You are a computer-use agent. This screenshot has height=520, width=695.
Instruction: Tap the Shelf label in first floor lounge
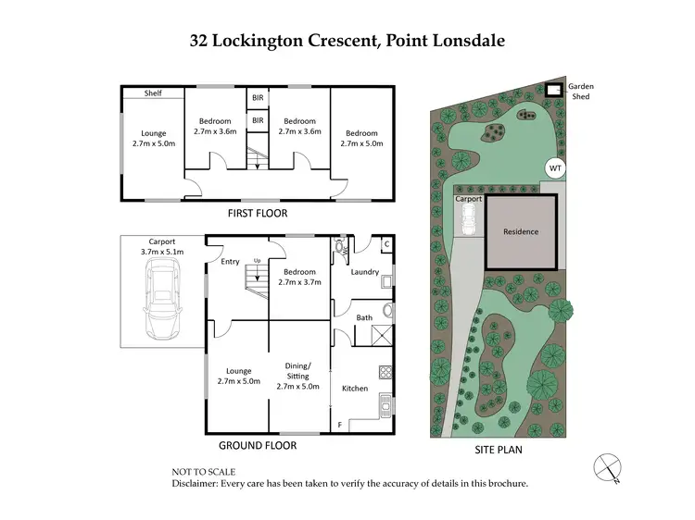point(152,93)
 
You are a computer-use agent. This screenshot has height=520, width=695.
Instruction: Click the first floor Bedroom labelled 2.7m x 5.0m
point(361,139)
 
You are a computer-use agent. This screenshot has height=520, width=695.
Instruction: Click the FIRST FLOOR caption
point(258,214)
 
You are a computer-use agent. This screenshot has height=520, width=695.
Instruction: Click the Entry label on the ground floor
point(230,262)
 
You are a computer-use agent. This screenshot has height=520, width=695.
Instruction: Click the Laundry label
point(364,272)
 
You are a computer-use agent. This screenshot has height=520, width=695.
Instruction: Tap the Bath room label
point(364,317)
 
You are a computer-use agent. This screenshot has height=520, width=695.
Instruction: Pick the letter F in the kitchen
point(339,425)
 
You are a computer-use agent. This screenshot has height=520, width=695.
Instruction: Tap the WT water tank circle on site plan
point(554,168)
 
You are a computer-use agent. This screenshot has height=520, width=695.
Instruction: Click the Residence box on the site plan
point(521,231)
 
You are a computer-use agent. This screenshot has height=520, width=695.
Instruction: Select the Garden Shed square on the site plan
point(554,90)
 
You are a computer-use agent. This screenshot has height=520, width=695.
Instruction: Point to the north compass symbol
point(606,467)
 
